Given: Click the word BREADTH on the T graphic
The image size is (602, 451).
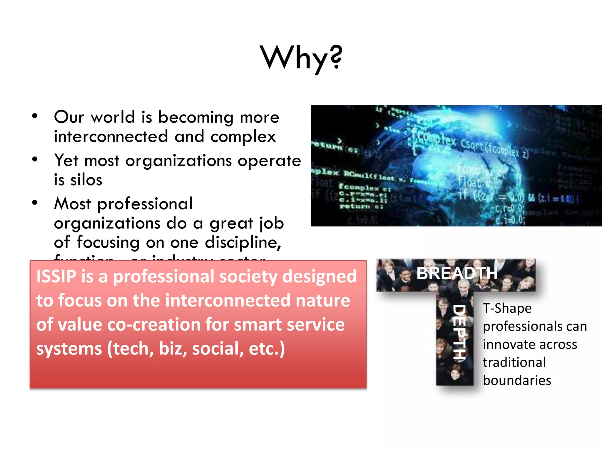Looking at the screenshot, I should point(457,273).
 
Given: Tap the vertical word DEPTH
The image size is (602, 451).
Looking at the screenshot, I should point(459,332).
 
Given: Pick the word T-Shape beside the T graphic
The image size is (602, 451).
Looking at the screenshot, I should point(507,308).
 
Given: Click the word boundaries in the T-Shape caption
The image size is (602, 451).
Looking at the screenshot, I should point(517,381).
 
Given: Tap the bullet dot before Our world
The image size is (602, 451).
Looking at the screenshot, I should point(35,116).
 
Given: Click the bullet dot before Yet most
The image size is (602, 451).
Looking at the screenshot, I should point(35,159).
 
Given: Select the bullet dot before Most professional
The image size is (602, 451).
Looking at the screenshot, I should point(35,203).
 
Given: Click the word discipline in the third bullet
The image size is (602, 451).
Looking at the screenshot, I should point(243,243).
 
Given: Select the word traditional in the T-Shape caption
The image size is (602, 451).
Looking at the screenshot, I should point(514,362).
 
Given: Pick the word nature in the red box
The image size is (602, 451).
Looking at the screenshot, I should point(323,301).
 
